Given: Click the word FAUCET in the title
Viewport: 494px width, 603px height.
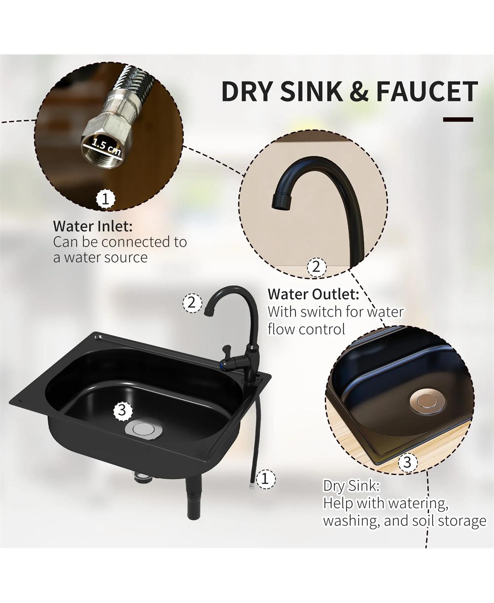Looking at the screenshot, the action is (427, 91).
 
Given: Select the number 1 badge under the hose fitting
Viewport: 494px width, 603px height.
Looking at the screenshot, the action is (105, 199).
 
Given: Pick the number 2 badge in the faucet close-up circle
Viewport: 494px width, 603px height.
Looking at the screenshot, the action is (317, 267).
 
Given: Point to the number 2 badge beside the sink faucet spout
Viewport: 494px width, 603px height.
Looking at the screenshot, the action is (192, 303).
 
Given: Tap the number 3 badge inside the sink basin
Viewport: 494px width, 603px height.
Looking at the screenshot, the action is (123, 411).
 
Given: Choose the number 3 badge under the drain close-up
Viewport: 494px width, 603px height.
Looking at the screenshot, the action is (407, 462).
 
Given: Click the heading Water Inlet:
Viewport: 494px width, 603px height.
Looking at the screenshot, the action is (93, 226).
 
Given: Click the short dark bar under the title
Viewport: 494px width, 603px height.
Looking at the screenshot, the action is (458, 119).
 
